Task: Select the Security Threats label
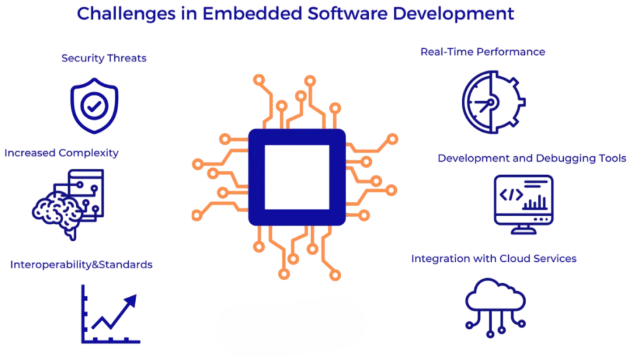click(x=104, y=58)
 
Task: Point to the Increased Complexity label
click(x=61, y=152)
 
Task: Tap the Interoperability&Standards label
click(x=81, y=264)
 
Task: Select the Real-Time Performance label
click(x=482, y=52)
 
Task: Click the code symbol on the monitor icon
click(x=511, y=195)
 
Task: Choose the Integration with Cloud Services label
click(x=494, y=258)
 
